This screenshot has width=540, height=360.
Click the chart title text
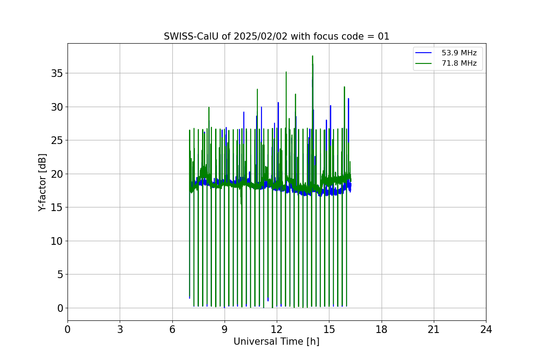pyautogui.click(x=276, y=36)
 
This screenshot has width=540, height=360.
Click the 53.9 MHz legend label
pyautogui.click(x=459, y=53)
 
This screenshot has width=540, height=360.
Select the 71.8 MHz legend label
pyautogui.click(x=459, y=63)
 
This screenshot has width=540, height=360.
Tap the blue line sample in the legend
pyautogui.click(x=423, y=53)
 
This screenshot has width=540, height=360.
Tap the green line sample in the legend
pyautogui.click(x=423, y=63)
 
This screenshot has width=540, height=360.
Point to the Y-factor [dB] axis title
pyautogui.click(x=42, y=183)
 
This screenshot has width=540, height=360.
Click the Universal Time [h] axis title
pyautogui.click(x=276, y=342)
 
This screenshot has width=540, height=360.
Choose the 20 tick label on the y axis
pyautogui.click(x=57, y=174)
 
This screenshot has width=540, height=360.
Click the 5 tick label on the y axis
pyautogui.click(x=60, y=274)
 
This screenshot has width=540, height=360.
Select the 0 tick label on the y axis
pyautogui.click(x=60, y=308)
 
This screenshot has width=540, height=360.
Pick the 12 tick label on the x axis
pyautogui.click(x=277, y=329)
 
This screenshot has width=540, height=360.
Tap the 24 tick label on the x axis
pyautogui.click(x=486, y=329)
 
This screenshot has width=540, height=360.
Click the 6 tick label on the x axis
pyautogui.click(x=172, y=329)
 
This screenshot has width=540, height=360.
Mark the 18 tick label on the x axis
pyautogui.click(x=382, y=329)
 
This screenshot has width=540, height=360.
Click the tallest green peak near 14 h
pyautogui.click(x=312, y=56)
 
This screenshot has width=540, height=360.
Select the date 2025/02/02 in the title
pyautogui.click(x=261, y=36)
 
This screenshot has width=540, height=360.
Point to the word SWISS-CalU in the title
pyautogui.click(x=191, y=36)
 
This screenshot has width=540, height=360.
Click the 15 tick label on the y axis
pyautogui.click(x=57, y=207)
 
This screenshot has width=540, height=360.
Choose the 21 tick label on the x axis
pyautogui.click(x=434, y=329)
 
